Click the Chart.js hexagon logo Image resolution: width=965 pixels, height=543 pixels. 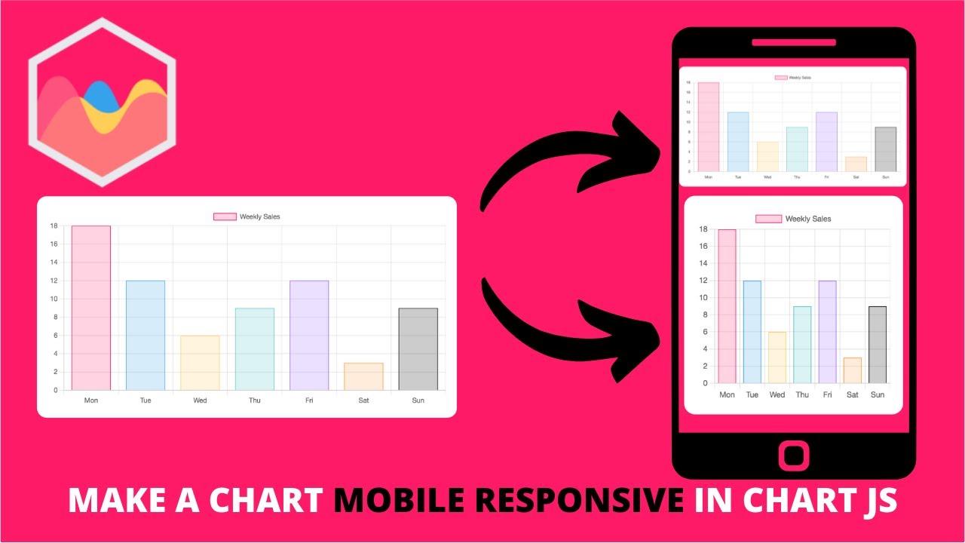102,102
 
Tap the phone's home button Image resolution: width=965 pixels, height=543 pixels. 793,456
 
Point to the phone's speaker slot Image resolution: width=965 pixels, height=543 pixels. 793,42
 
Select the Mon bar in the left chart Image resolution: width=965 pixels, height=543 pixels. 91,308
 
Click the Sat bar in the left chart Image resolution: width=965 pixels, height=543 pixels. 363,376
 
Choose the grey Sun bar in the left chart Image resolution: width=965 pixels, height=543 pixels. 418,348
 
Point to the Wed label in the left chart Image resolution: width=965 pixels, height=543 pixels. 200,400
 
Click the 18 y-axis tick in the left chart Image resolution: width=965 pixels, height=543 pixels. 54,226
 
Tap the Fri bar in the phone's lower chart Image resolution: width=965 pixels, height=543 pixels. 827,332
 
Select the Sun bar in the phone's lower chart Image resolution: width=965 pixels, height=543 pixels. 877,345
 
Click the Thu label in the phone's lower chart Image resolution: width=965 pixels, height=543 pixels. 802,394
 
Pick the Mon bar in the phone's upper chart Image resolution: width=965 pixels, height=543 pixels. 708,127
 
